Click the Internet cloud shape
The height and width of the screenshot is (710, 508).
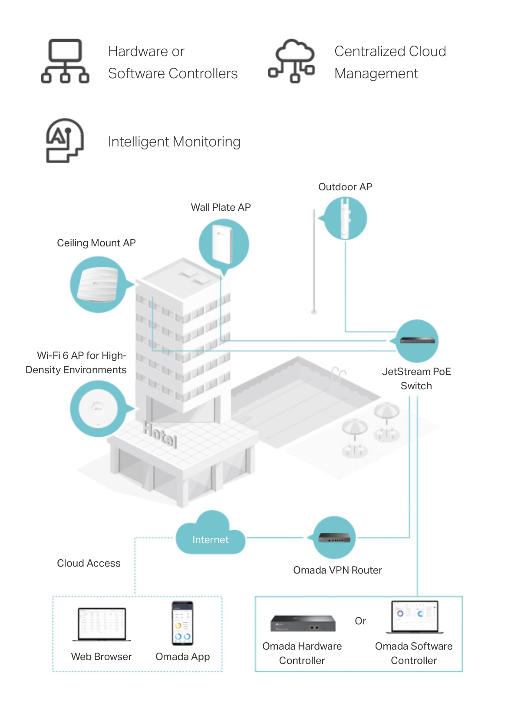[x=211, y=537]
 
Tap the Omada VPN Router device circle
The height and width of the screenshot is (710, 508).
[x=334, y=538]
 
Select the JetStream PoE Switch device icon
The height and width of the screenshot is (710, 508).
[x=417, y=341]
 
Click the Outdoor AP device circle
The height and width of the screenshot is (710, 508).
[x=346, y=219]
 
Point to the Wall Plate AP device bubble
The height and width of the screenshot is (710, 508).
[x=224, y=244]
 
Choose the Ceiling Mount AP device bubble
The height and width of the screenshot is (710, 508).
[x=98, y=284]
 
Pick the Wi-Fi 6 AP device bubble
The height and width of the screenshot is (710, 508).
[x=99, y=408]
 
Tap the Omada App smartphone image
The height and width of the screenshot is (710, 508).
[x=183, y=623]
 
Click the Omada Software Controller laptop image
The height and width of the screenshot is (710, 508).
[x=415, y=617]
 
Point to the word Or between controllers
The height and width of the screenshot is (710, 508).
[x=360, y=621]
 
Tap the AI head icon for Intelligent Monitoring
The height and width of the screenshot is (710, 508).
[x=65, y=141]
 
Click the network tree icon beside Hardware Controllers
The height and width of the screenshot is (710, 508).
[x=65, y=61]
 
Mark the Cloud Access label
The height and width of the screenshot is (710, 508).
[x=89, y=563]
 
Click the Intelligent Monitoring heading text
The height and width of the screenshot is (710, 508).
[x=174, y=142]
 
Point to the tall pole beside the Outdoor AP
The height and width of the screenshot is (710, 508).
[x=314, y=261]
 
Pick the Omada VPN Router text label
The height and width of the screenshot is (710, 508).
[x=337, y=570]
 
